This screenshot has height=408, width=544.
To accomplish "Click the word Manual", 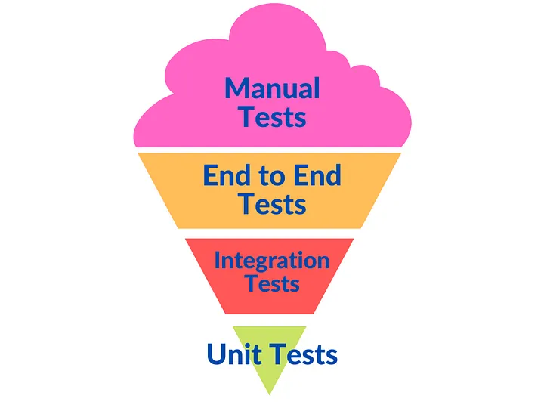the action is [272, 88].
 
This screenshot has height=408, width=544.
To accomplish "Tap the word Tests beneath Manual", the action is [273, 116].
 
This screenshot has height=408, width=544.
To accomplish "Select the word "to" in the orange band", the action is [271, 176].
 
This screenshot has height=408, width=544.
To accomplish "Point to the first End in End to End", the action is [227, 175].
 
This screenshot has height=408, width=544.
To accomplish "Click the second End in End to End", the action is [317, 175].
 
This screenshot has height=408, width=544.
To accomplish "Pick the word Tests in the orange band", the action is [273, 204].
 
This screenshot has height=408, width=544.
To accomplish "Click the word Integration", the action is [272, 261].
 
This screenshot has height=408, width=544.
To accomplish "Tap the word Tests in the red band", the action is [273, 283].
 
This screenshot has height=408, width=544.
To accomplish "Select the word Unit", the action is [234, 354].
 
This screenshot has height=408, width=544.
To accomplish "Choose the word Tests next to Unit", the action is [304, 354].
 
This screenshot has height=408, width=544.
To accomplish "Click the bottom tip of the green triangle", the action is [270, 394].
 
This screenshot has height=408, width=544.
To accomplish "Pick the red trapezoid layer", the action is [270, 301].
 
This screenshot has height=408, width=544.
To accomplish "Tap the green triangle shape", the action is [270, 379].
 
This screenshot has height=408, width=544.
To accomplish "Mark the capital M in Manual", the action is [237, 88].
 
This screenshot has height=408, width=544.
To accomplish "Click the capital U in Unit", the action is [216, 354].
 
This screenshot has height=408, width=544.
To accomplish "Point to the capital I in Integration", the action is [217, 260].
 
